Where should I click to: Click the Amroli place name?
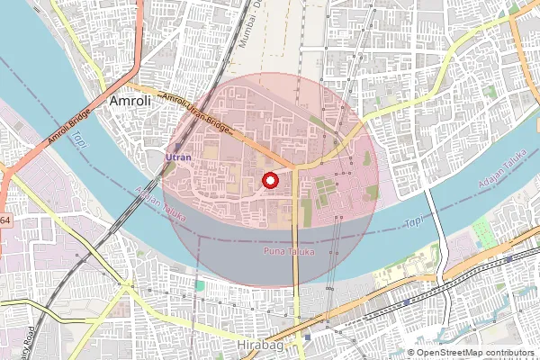coord(130,103)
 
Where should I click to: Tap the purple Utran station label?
coord(179,157)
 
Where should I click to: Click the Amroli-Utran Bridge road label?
coord(195,114)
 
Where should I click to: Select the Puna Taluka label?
coord(288,251)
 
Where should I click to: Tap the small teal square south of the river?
coord(200,286)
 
